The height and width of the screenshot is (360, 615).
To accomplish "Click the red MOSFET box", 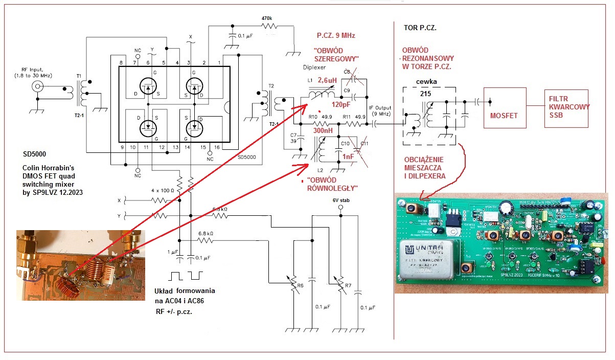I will [x=504, y=115].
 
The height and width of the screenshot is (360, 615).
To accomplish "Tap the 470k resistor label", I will [x=267, y=18].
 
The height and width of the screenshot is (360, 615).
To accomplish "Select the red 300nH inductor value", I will [x=323, y=131].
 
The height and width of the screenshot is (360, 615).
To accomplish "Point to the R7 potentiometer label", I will [x=348, y=285].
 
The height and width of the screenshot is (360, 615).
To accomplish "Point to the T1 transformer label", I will [x=79, y=76].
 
